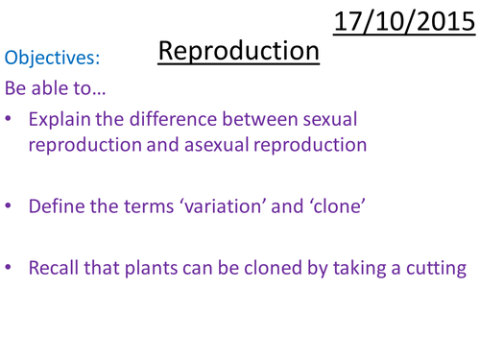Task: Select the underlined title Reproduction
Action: pos(238,51)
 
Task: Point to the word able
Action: pos(58,89)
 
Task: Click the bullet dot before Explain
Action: pos(10,122)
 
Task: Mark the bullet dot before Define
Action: pos(10,205)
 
